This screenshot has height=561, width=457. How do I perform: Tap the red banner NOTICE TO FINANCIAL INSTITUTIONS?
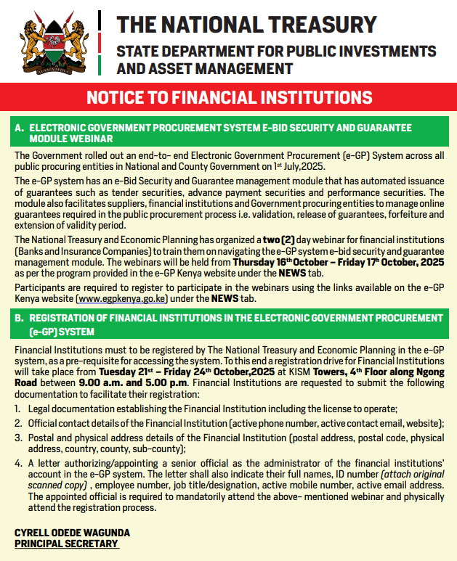click(229, 97)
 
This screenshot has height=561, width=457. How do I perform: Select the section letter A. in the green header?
click(20, 128)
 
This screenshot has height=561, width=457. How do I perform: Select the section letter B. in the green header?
click(20, 317)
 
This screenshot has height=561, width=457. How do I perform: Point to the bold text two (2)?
click(278, 239)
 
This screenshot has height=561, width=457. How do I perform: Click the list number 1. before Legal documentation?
click(18, 410)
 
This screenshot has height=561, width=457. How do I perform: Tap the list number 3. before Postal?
click(18, 438)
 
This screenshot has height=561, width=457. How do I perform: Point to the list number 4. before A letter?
click(18, 462)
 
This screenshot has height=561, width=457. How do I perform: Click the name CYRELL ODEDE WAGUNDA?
click(72, 533)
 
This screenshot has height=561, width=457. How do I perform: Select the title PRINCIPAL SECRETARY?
click(66, 544)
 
